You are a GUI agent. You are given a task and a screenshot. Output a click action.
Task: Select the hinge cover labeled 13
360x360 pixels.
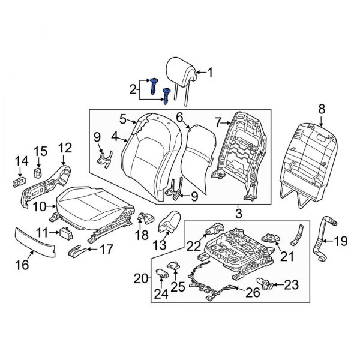click(169, 222)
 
